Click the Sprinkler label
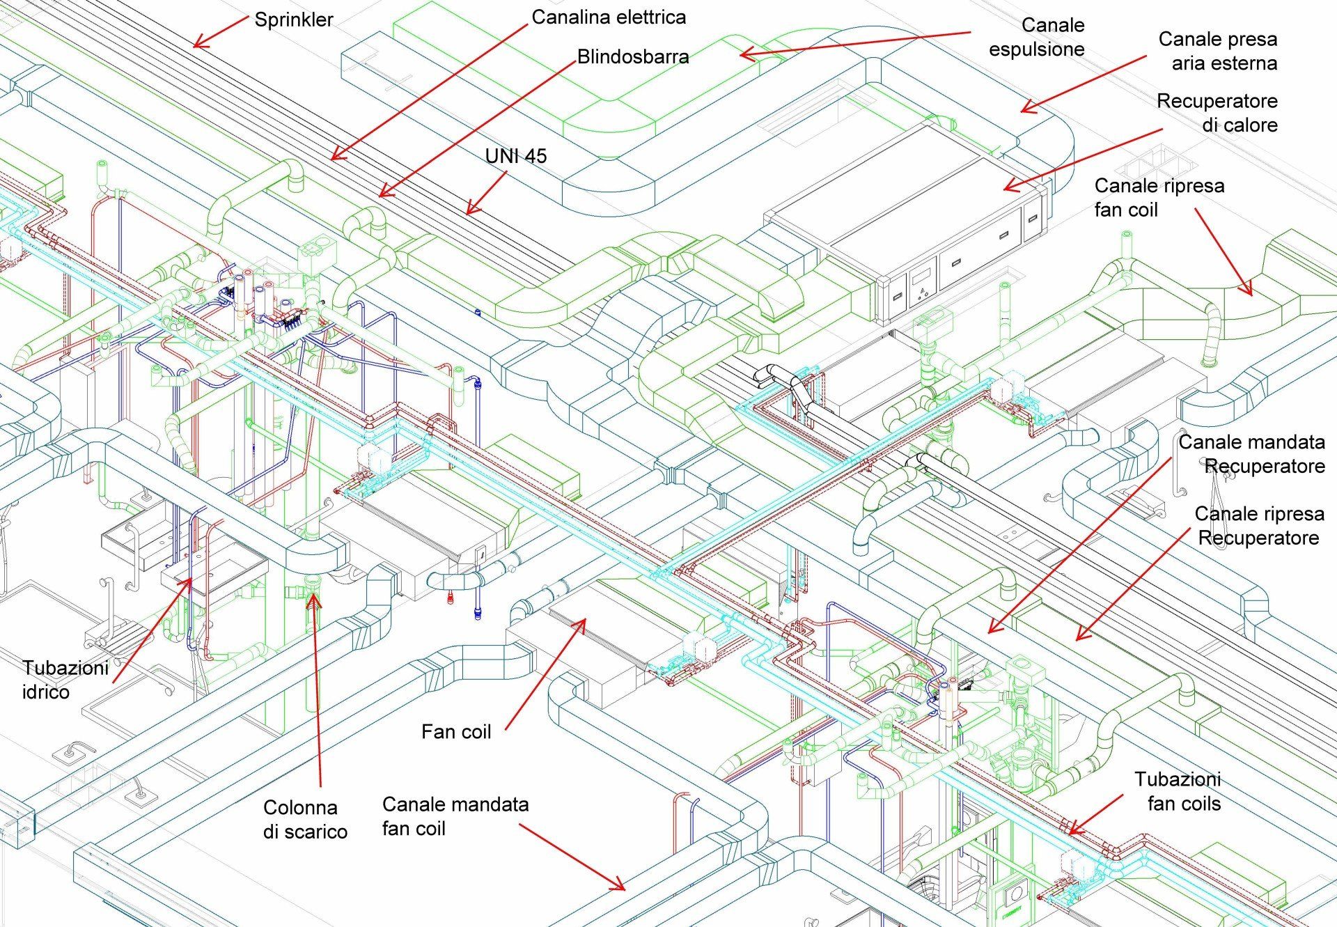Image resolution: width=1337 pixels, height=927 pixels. [x=293, y=20]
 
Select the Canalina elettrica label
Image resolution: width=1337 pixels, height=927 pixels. [x=608, y=17]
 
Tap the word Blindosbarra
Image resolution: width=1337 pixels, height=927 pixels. [x=632, y=56]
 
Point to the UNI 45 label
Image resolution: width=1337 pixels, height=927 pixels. [x=515, y=156]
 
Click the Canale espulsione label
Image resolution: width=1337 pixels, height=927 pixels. [x=1037, y=37]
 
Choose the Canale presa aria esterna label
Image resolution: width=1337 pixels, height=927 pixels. [x=1217, y=51]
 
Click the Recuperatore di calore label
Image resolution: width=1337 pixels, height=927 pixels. [x=1217, y=113]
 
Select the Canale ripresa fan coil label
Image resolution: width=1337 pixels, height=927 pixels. [x=1159, y=197]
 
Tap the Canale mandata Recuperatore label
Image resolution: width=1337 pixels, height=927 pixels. [x=1251, y=453]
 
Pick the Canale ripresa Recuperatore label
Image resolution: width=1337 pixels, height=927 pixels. [x=1259, y=525]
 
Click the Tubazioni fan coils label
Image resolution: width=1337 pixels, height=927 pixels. [x=1178, y=791]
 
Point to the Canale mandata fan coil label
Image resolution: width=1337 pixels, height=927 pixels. [x=455, y=816]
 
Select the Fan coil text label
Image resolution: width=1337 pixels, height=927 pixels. [x=456, y=731]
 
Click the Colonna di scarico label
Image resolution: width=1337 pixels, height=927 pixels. [x=305, y=819]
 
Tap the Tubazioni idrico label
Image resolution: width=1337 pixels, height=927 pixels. [x=65, y=680]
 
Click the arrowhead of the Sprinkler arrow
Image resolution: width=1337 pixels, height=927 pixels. [x=194, y=47]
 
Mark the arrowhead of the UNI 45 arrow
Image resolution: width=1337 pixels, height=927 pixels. [x=468, y=213]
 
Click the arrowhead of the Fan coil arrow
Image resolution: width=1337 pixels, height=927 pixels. [x=584, y=619]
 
